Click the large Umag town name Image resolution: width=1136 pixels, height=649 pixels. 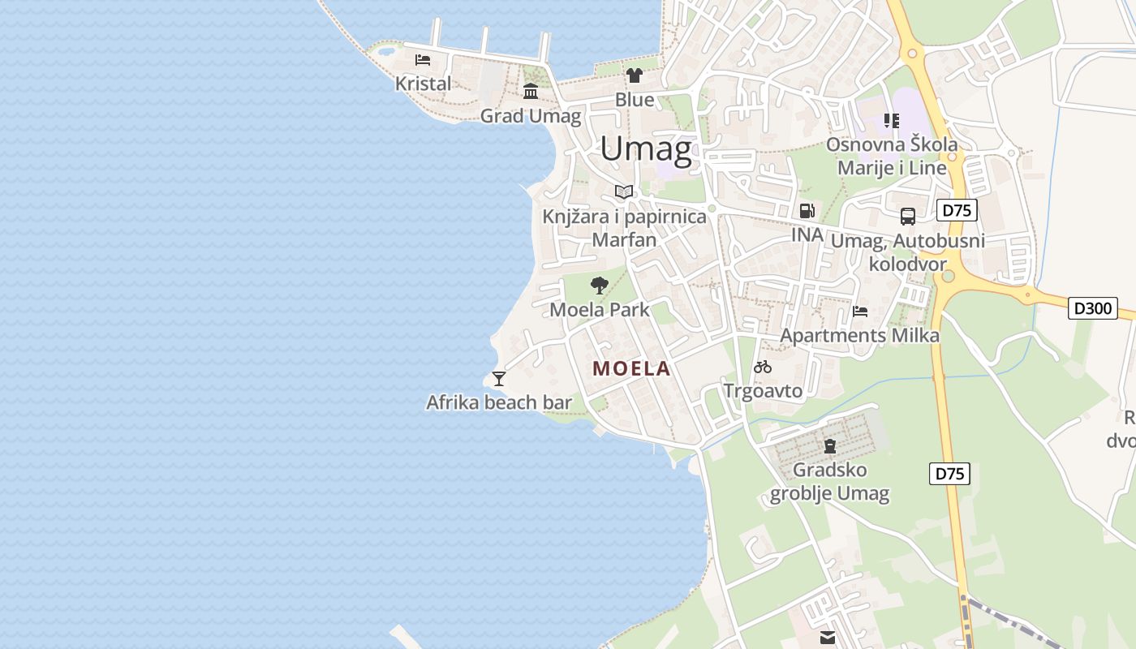[x=646, y=149]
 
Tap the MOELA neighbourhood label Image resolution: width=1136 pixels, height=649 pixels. [x=631, y=368]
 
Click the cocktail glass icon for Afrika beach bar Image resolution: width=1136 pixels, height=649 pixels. [x=498, y=378]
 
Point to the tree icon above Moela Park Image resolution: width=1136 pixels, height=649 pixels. [x=600, y=285]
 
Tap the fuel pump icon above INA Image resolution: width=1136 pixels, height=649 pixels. [x=807, y=211]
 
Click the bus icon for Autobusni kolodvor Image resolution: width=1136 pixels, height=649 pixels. [x=907, y=217]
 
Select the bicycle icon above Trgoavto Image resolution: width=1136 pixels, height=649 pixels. [x=762, y=367]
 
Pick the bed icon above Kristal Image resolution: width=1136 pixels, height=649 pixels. [x=422, y=59]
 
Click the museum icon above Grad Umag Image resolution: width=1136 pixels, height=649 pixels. [x=531, y=91]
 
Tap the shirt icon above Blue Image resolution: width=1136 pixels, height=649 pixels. [x=634, y=75]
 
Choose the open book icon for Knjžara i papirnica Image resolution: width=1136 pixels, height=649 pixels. [x=623, y=191]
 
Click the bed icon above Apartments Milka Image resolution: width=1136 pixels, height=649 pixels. [x=860, y=311]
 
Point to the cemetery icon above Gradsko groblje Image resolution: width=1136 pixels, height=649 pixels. [x=829, y=445]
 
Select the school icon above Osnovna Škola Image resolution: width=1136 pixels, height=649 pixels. [x=892, y=121]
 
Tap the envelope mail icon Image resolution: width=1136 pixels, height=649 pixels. [x=827, y=638]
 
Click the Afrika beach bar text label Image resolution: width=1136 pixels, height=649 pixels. [x=499, y=402]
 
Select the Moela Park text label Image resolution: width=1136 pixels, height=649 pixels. [x=600, y=309]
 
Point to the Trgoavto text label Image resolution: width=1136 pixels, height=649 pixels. [x=763, y=391]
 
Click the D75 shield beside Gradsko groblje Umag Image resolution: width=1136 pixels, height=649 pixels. [x=949, y=473]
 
